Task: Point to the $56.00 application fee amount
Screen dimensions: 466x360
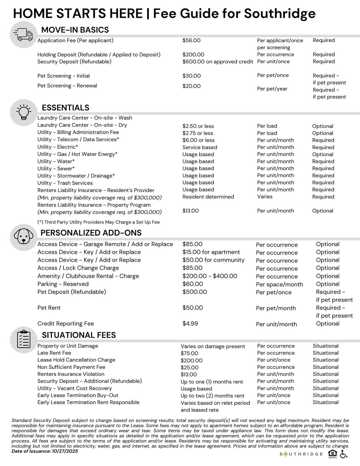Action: pyautogui.click(x=191, y=40)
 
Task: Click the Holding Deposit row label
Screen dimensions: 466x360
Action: pyautogui.click(x=99, y=55)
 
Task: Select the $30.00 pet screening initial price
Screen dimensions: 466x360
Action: pyautogui.click(x=191, y=76)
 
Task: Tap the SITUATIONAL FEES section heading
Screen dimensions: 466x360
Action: pyautogui.click(x=79, y=335)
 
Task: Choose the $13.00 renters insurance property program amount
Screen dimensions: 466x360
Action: pyautogui.click(x=191, y=211)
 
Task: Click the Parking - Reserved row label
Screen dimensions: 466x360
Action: pyautogui.click(x=63, y=284)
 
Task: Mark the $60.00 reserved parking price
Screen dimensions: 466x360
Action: pyautogui.click(x=193, y=284)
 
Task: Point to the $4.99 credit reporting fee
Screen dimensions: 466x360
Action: pyautogui.click(x=190, y=324)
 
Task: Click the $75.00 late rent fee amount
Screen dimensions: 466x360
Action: pyautogui.click(x=189, y=353)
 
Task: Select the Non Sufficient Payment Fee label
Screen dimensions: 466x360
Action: pyautogui.click(x=71, y=367)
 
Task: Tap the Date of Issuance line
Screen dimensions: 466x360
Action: pyautogui.click(x=45, y=451)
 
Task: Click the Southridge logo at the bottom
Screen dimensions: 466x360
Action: pyautogui.click(x=301, y=454)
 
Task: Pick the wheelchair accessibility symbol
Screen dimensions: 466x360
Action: pyautogui.click(x=344, y=454)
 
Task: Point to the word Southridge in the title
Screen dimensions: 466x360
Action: pyautogui.click(x=279, y=14)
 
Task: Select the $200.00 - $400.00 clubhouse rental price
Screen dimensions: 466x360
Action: pyautogui.click(x=210, y=276)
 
